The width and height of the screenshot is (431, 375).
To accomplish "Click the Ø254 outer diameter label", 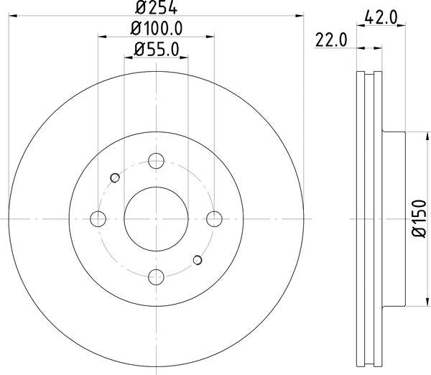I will (157, 8).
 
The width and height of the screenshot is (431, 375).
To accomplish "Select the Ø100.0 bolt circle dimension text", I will (157, 28).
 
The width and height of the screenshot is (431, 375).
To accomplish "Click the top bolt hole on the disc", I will (156, 161).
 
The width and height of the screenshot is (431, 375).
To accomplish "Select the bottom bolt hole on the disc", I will (156, 275).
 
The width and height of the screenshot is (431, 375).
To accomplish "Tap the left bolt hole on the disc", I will (99, 218).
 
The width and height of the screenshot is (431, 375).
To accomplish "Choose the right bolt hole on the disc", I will (213, 218).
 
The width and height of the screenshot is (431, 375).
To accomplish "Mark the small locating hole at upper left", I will (114, 177).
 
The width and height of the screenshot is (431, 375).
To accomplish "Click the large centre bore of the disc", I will (156, 218).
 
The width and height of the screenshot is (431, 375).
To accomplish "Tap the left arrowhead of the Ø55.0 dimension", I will (129, 59).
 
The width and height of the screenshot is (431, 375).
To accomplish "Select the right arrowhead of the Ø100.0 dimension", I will (210, 38).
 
